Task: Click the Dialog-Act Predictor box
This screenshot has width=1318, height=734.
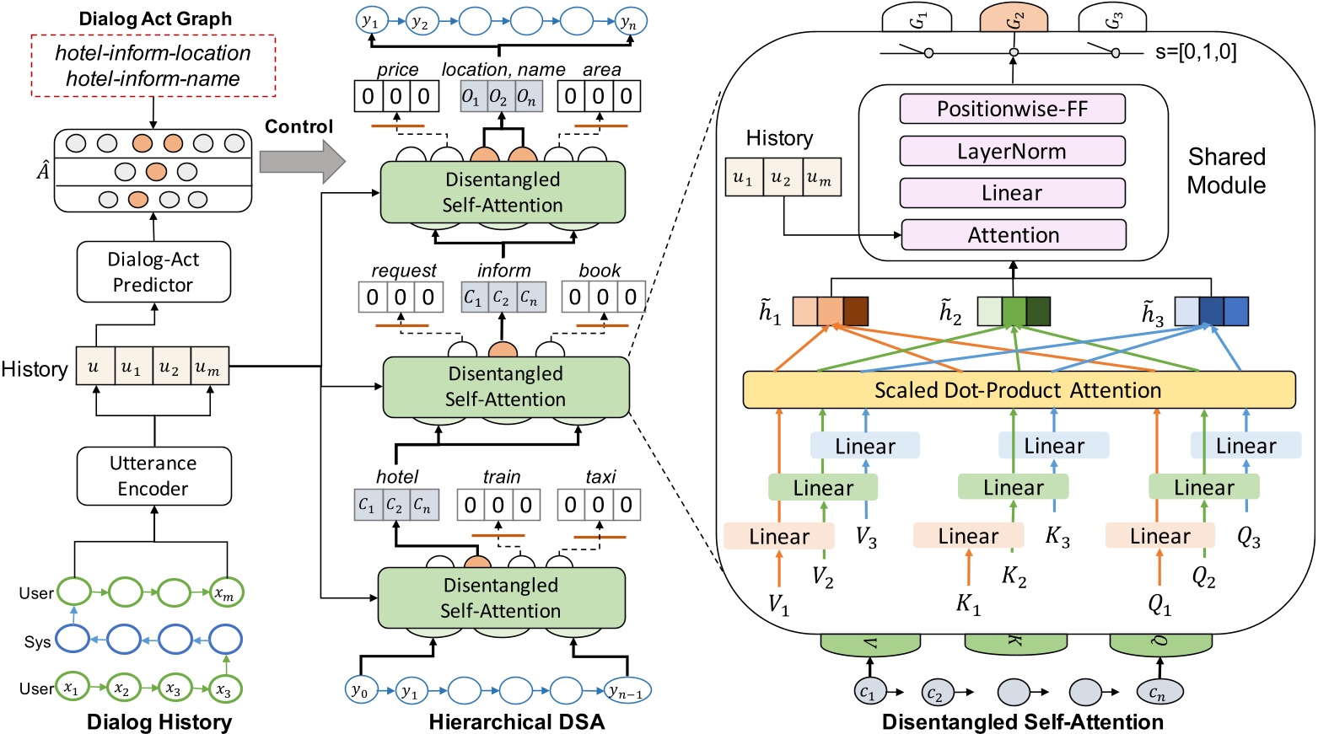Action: (x=153, y=271)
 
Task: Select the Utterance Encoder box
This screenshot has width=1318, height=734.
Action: (x=153, y=476)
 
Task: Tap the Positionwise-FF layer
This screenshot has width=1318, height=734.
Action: (x=1012, y=109)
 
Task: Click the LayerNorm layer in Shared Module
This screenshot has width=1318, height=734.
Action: (x=1012, y=152)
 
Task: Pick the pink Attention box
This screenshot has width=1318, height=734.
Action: (x=1013, y=235)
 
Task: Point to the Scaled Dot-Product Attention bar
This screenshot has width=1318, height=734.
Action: (x=1019, y=390)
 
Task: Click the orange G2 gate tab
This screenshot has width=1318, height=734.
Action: (x=1014, y=19)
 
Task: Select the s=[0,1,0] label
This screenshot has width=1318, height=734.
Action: (x=1195, y=51)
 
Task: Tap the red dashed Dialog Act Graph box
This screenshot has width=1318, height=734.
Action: (x=153, y=66)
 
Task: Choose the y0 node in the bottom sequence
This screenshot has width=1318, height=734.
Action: (x=360, y=691)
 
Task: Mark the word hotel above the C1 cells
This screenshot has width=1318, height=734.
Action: (x=397, y=477)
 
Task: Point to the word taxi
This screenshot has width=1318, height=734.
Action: (x=600, y=477)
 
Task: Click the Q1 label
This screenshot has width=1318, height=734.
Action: (x=1160, y=603)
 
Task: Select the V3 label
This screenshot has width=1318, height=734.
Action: (x=866, y=538)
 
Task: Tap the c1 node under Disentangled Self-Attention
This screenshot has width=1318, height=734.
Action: (x=868, y=693)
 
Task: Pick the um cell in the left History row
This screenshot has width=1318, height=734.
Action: (x=209, y=368)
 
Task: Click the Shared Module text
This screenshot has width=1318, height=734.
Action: (x=1226, y=171)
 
